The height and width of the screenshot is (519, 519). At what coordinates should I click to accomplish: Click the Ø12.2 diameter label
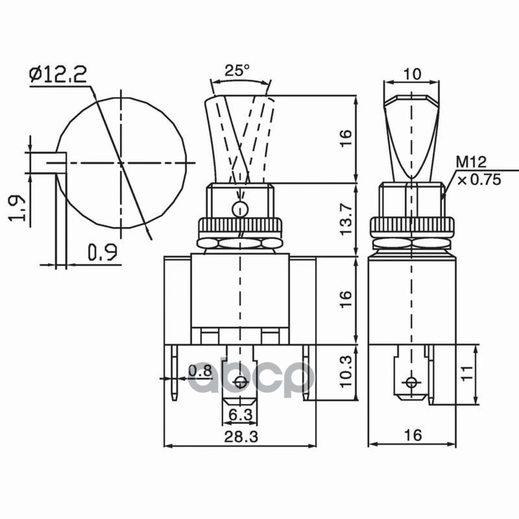(58, 74)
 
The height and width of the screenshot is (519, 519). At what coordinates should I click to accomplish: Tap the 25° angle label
(237, 70)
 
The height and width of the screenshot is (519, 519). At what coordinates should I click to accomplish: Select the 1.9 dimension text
(17, 208)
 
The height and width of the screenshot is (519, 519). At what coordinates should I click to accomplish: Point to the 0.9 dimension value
(103, 252)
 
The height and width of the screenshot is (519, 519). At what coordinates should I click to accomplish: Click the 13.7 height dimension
(346, 219)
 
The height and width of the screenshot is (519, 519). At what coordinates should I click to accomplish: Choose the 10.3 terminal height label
(346, 372)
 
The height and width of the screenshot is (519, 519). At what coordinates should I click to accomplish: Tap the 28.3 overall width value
(241, 437)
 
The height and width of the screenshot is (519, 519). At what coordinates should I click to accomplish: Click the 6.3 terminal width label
(240, 415)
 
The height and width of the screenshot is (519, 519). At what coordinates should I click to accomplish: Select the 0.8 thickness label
(200, 370)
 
